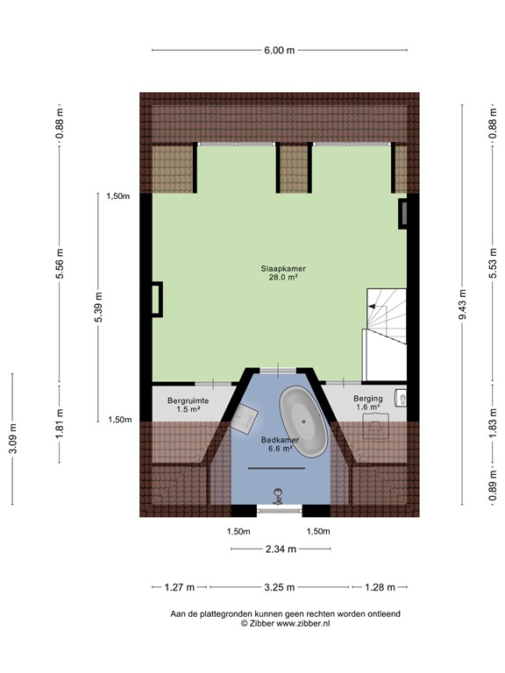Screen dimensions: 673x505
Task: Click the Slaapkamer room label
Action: pos(281,269)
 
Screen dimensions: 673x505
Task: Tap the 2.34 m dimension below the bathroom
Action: pos(281,549)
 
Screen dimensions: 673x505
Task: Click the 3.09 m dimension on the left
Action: pos(12,438)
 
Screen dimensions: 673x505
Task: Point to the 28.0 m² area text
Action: pos(281,278)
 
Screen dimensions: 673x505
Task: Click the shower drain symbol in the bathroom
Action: pos(279,493)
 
